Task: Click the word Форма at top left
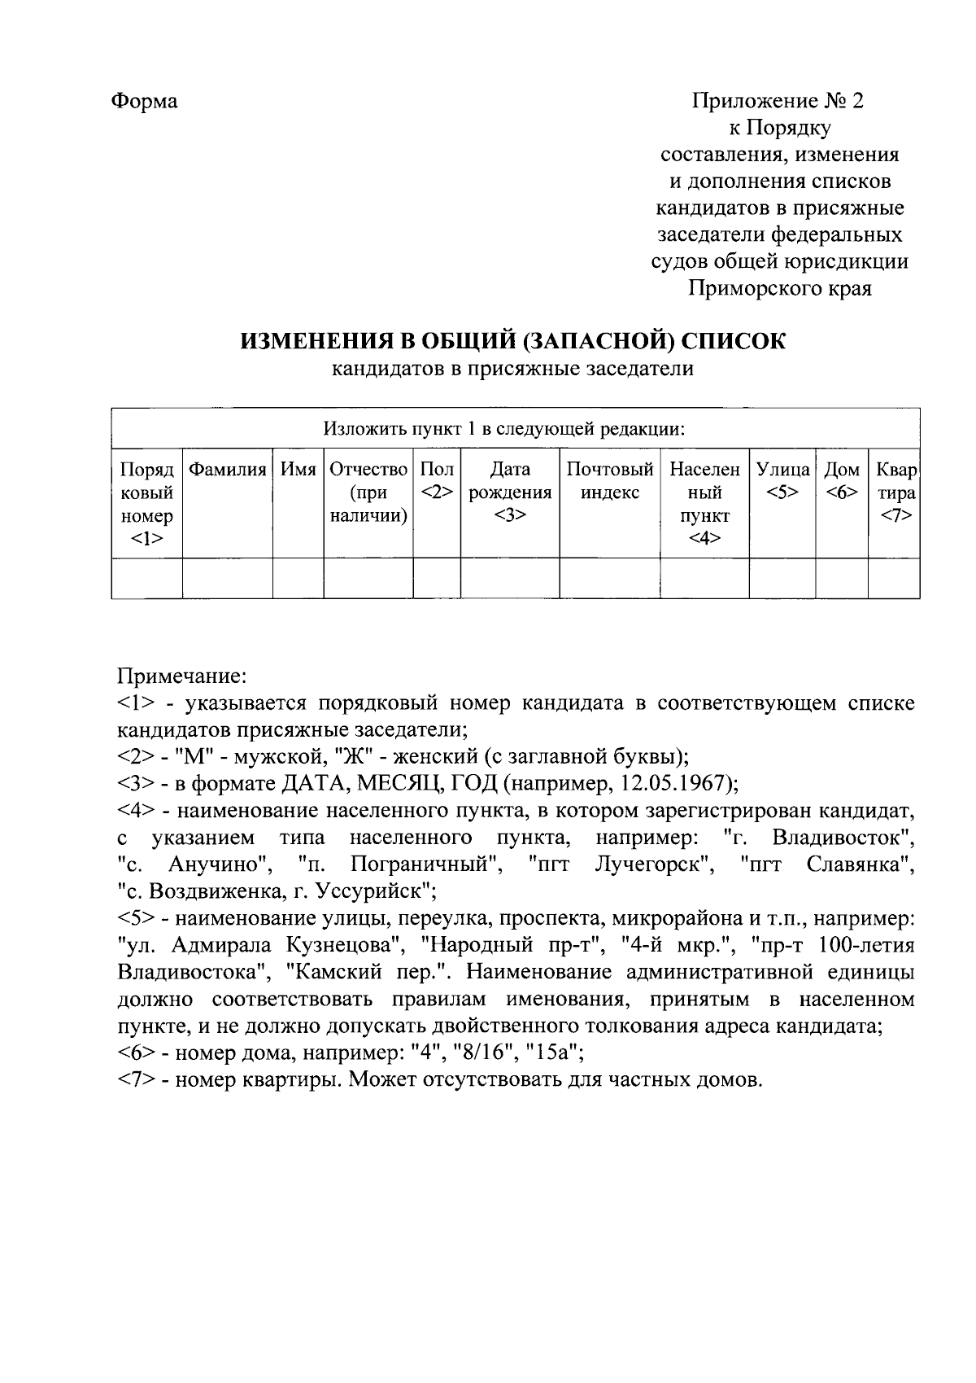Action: pos(144,102)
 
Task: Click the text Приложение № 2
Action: pos(778,102)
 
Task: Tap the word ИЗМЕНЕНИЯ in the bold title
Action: pos(304,341)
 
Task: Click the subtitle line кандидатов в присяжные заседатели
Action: pos(512,370)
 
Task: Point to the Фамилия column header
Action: pos(227,470)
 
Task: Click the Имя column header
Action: pos(298,470)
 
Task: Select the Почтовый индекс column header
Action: pos(609,481)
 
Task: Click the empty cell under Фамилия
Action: pos(227,578)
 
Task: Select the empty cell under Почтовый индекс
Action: pos(609,578)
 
